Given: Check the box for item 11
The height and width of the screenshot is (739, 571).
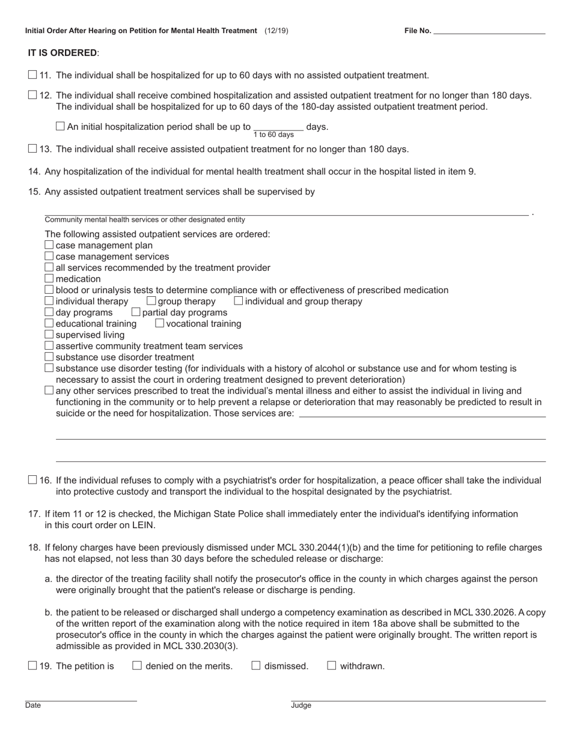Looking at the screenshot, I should (x=32, y=75).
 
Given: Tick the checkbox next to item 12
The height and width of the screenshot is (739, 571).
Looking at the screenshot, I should (x=32, y=95).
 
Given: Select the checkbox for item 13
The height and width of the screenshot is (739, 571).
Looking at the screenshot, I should (x=32, y=148).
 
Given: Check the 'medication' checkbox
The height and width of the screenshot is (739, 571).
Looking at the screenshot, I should (x=49, y=278).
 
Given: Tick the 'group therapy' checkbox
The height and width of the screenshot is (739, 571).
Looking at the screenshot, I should (x=151, y=300).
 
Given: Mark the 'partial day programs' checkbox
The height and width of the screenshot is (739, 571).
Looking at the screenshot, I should (x=136, y=312).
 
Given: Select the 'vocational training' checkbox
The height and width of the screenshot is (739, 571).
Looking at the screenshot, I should (x=160, y=323).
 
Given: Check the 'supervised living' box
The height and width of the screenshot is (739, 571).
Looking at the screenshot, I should (x=49, y=334).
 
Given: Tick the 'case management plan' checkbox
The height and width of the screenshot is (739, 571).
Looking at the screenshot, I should (x=49, y=245).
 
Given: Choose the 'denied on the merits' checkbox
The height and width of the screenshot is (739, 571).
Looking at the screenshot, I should (x=137, y=665).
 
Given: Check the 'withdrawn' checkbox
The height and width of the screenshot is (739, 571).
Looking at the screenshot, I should (x=332, y=665).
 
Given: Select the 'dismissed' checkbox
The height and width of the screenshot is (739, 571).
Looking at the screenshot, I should (x=256, y=665).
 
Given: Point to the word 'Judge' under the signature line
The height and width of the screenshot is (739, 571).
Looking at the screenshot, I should (x=301, y=705).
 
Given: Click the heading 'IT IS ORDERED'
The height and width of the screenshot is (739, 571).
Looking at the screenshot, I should (x=62, y=53).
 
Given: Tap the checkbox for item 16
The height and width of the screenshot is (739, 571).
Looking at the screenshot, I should (x=32, y=480).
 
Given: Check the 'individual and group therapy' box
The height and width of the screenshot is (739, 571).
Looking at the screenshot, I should (x=239, y=300).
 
